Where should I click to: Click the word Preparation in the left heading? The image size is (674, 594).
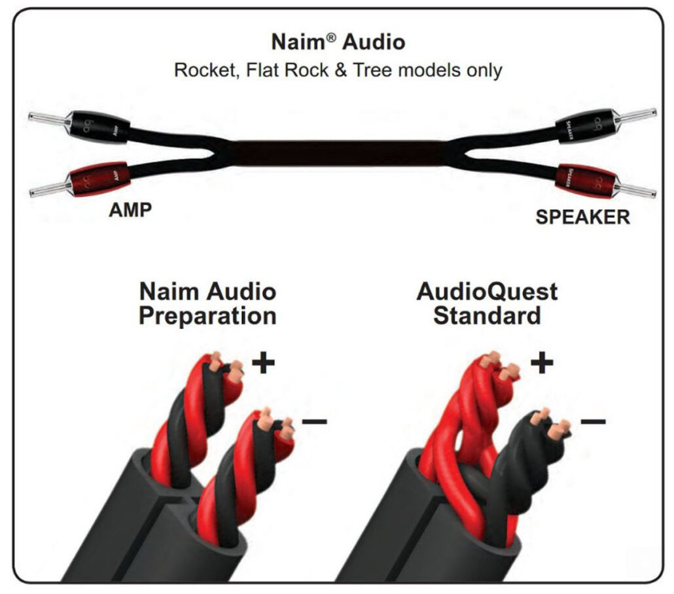(207, 315)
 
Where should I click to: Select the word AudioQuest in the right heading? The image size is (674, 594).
(487, 291)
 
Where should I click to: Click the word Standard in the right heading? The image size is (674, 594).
(487, 315)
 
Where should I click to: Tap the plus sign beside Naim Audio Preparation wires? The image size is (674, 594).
(263, 364)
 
